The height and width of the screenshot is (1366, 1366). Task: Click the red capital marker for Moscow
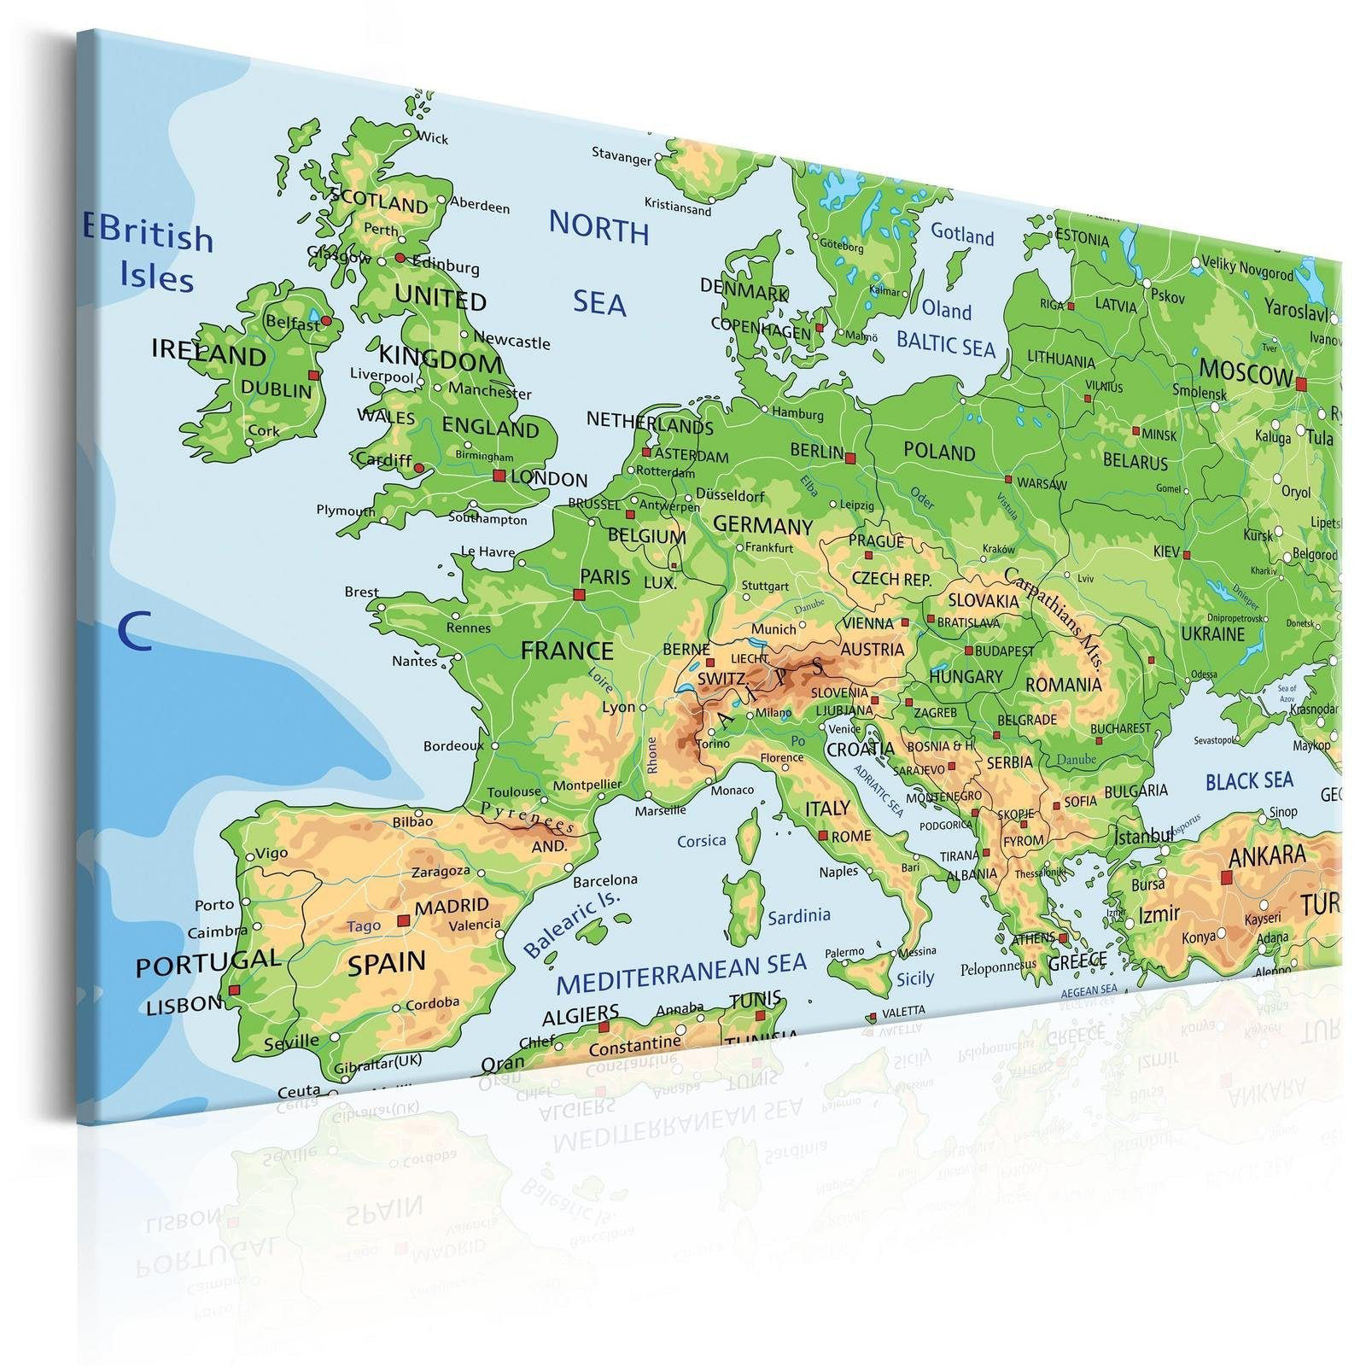[x=1301, y=384]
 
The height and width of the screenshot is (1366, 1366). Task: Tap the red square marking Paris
[x=580, y=594]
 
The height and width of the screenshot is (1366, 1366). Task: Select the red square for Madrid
[x=404, y=920]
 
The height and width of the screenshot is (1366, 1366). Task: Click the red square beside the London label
[x=499, y=476]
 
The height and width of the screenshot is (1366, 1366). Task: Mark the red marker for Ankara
[x=1228, y=876]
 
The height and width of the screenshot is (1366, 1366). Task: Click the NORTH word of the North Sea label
[x=598, y=228]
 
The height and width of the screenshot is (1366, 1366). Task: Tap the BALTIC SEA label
[x=946, y=345]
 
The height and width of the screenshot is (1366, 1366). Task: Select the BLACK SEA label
[x=1249, y=780]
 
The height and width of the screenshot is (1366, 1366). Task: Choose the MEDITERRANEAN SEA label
[x=681, y=973]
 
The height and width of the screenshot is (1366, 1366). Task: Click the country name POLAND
[x=939, y=452]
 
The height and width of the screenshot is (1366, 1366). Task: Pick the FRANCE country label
[x=567, y=651]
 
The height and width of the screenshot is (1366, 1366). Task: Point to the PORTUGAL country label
[x=207, y=962]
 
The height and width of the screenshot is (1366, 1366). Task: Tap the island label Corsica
[x=701, y=841]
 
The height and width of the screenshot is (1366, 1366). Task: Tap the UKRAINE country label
[x=1212, y=633]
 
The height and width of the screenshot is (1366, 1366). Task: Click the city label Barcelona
[x=604, y=879]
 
